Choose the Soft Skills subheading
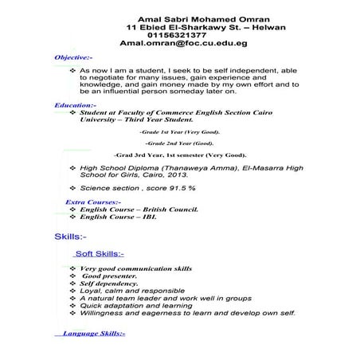coord(99,254)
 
